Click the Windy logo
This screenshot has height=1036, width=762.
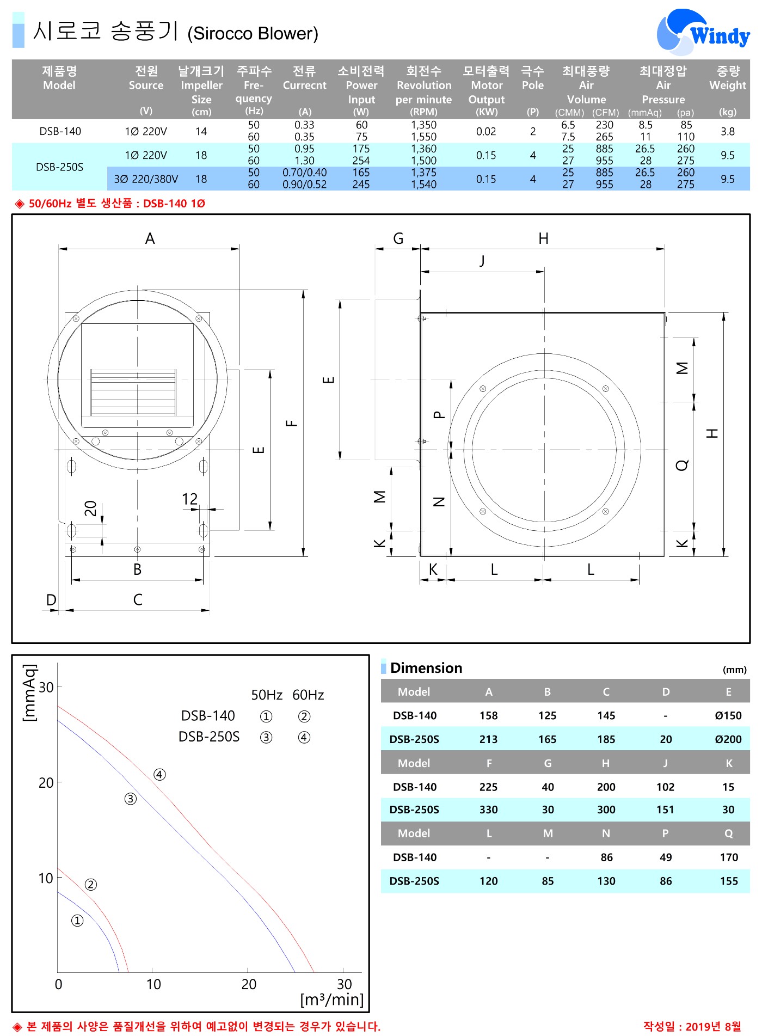click(x=703, y=32)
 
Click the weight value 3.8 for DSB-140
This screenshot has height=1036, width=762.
click(x=728, y=131)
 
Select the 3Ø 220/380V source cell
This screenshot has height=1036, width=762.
click(x=146, y=179)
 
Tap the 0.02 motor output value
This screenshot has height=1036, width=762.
click(x=486, y=131)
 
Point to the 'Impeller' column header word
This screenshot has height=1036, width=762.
click(x=201, y=85)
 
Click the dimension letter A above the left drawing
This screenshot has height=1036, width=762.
click(x=150, y=238)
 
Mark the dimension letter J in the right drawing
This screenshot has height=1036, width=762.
click(x=482, y=261)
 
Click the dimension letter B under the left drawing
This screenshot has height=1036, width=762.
click(x=137, y=569)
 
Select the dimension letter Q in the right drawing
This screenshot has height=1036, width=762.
click(x=682, y=464)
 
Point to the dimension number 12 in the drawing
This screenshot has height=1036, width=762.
click(x=189, y=499)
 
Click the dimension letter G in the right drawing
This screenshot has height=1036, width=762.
click(x=398, y=238)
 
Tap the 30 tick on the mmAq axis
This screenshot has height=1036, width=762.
click(x=46, y=687)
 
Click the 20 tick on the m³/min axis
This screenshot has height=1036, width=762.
click(x=249, y=984)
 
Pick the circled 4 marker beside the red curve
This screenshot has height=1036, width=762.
click(x=159, y=774)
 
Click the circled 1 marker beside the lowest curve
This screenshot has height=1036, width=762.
click(x=77, y=920)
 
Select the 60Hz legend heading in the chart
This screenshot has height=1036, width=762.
click(x=308, y=695)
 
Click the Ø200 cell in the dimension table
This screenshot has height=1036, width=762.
click(x=728, y=739)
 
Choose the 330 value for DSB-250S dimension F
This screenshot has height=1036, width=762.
click(x=488, y=810)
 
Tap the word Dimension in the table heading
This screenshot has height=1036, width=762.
click(x=426, y=668)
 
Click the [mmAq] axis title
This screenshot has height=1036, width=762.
click(x=29, y=692)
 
